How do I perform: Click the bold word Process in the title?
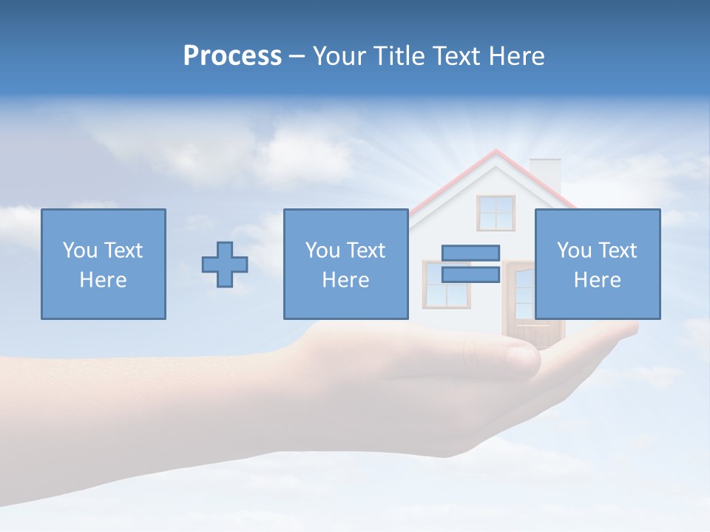232,56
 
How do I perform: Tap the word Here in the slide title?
515,56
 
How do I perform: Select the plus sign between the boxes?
225,265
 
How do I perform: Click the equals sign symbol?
470,264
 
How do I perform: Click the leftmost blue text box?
104,264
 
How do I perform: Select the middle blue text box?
345,264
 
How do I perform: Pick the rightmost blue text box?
597,264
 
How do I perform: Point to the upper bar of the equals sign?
470,253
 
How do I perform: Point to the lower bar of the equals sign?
470,275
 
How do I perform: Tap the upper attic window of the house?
496,213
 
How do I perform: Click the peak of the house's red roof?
496,152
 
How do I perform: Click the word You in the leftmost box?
79,250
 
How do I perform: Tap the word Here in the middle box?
345,280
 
